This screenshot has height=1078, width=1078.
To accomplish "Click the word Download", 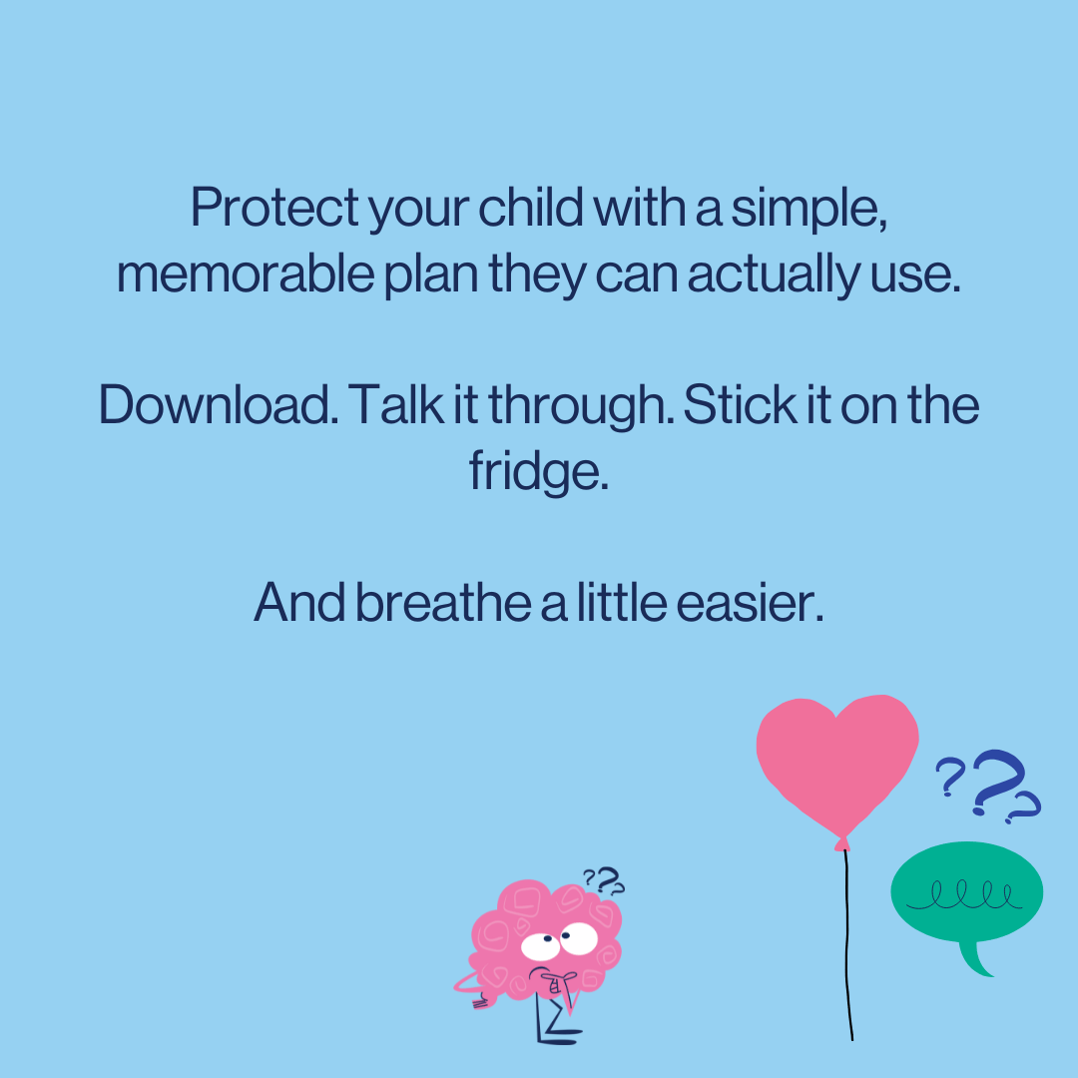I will point(216,404).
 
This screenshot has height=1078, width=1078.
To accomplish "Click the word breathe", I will point(443,602).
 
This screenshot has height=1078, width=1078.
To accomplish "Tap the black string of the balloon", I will point(848,948).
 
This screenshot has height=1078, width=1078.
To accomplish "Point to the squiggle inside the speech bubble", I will point(964,892).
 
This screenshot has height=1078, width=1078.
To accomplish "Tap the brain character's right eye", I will point(579,937).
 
